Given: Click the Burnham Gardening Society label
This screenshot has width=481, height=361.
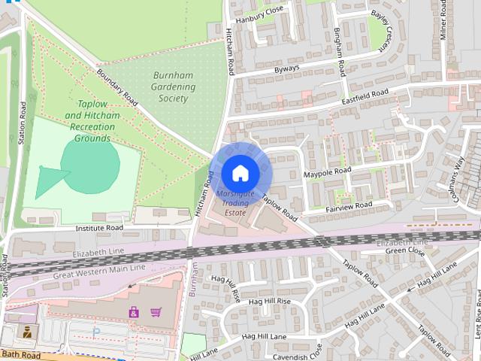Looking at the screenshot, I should click(x=174, y=86).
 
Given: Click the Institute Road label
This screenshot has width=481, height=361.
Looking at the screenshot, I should click(x=99, y=227).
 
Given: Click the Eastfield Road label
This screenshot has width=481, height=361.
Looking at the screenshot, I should click(x=365, y=96).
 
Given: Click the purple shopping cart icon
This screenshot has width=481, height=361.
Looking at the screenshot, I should click(x=156, y=311).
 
